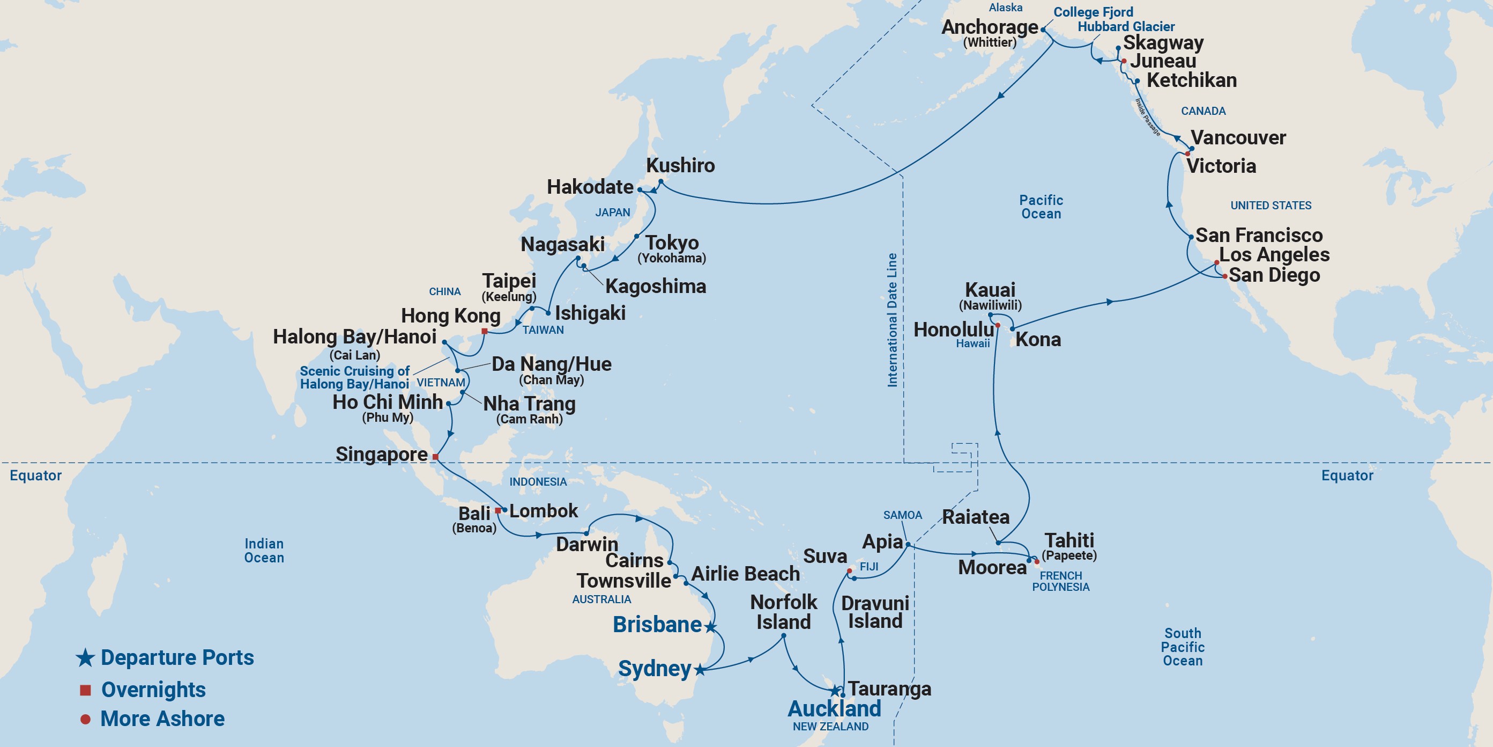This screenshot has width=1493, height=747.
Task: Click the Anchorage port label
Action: (x=989, y=27)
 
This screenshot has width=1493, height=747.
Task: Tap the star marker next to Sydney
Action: (x=700, y=670)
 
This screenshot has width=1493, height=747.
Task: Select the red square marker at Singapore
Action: (x=435, y=457)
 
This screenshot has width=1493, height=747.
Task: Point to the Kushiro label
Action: (x=680, y=165)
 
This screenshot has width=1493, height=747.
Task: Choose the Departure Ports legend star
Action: (x=85, y=658)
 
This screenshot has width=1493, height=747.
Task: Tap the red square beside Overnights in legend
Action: (x=85, y=690)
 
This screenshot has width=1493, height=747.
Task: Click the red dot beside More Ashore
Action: (x=85, y=719)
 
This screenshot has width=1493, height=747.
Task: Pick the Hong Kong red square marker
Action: (x=485, y=331)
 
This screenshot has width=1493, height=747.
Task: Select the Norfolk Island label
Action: (x=783, y=612)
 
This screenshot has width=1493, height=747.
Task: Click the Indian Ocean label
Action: (x=264, y=551)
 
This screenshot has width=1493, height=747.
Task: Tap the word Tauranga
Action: (x=890, y=689)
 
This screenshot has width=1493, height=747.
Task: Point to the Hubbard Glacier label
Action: (x=1126, y=27)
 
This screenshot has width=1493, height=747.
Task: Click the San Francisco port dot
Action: (x=1191, y=237)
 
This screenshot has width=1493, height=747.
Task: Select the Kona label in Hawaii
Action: (x=1038, y=339)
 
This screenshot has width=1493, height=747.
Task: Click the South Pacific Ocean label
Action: (x=1183, y=647)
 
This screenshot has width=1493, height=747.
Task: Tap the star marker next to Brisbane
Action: (x=710, y=627)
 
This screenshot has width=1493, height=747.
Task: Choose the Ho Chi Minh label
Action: (x=387, y=402)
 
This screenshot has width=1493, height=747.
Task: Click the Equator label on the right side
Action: (x=1347, y=475)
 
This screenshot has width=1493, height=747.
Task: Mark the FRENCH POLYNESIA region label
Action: (x=1060, y=581)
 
